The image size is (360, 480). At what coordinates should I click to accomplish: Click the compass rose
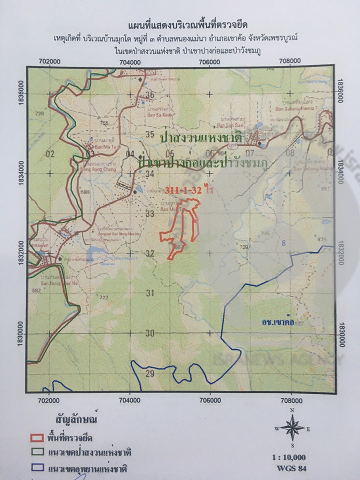coord(292,428)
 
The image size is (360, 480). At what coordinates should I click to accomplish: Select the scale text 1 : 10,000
coord(289,457)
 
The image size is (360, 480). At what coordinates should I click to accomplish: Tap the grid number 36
coord(149,95)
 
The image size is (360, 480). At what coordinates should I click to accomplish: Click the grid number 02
coord(49,154)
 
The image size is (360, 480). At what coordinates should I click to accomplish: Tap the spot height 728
coord(40,114)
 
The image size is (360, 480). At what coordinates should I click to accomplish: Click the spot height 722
coord(103,297)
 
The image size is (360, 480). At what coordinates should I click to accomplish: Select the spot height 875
coord(321,239)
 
